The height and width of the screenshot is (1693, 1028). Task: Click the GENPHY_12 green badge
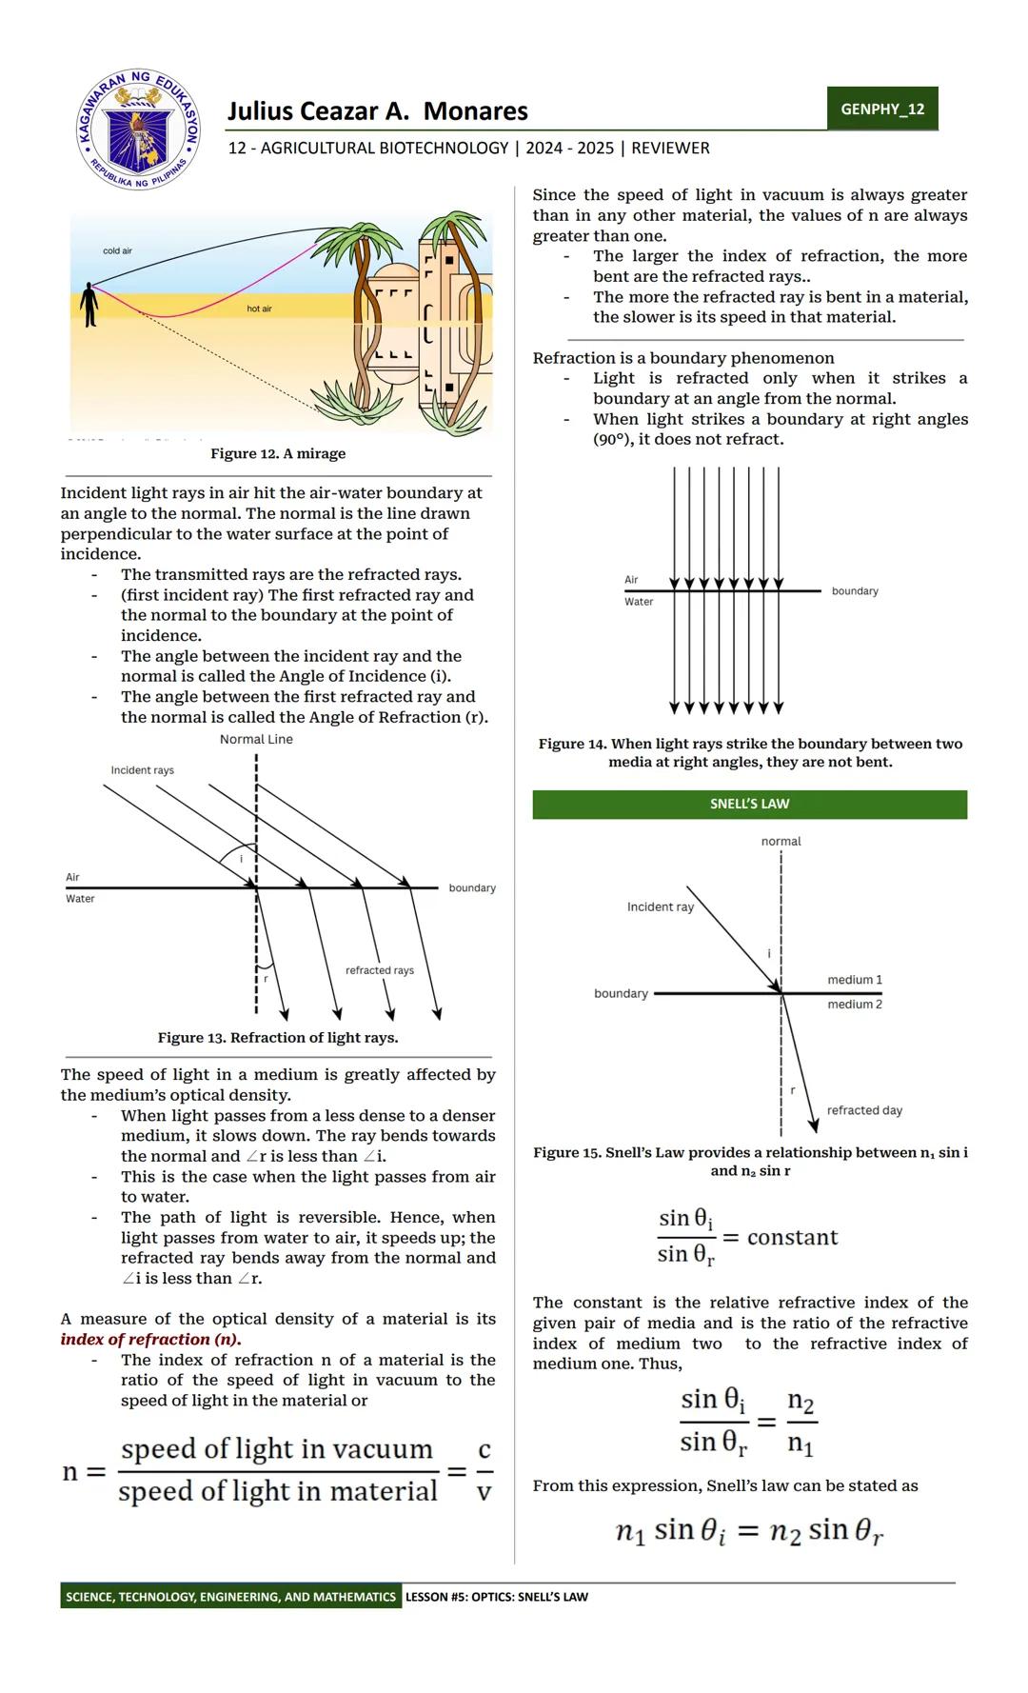[x=881, y=109]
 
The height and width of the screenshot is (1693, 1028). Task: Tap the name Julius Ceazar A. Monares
[x=377, y=111]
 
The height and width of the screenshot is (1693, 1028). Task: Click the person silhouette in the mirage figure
[x=89, y=304]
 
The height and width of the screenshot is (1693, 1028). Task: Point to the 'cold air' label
[x=117, y=250]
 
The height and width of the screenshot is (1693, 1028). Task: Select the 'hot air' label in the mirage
[x=259, y=309]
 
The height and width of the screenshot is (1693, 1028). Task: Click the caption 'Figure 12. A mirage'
[x=278, y=453]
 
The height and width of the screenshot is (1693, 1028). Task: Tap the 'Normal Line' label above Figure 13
[x=256, y=739]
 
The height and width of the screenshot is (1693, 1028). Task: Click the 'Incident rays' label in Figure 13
[x=142, y=769]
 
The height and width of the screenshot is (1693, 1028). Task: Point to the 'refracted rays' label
[x=379, y=970]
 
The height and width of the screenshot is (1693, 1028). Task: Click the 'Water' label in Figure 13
[x=80, y=899]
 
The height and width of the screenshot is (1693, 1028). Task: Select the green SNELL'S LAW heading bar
[x=749, y=804]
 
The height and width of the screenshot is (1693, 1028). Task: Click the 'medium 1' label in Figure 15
[x=854, y=980]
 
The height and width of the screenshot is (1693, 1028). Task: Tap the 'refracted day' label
[x=864, y=1110]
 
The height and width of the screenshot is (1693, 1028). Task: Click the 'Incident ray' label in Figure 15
[x=660, y=906]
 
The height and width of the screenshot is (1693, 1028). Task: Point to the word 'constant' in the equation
[x=792, y=1237]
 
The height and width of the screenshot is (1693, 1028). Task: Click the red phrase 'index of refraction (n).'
[x=150, y=1339]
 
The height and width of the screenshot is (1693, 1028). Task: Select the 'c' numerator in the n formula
[x=484, y=1450]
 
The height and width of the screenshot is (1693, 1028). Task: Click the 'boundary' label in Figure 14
[x=854, y=591]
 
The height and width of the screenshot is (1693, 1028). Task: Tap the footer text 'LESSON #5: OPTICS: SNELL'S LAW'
[x=496, y=1597]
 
